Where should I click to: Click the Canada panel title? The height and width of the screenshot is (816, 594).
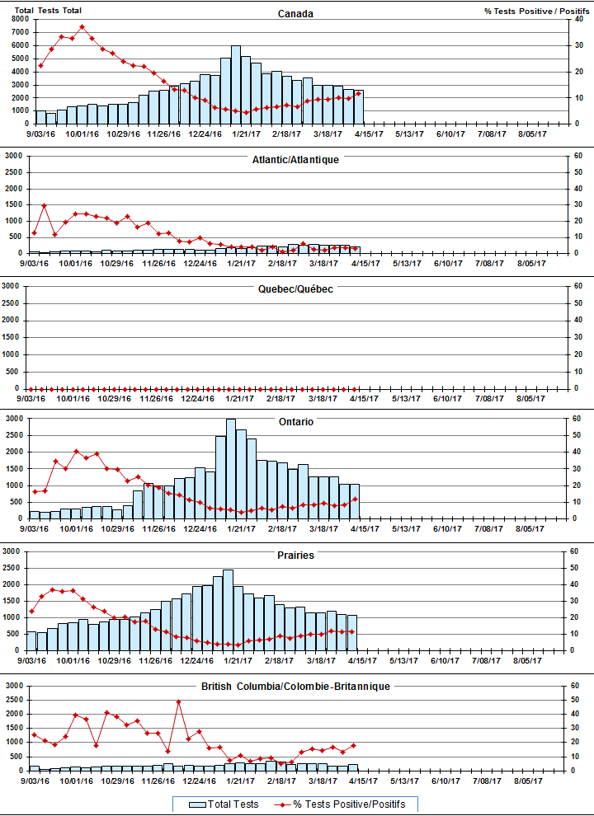click(295, 13)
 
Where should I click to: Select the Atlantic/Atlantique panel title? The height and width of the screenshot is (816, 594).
click(295, 159)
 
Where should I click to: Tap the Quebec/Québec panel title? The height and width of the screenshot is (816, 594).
click(295, 289)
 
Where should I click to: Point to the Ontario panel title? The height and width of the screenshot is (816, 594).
click(295, 421)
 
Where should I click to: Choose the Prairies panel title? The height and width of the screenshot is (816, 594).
click(295, 555)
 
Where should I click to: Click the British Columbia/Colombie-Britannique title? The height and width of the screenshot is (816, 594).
click(295, 686)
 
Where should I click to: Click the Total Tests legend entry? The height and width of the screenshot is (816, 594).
click(224, 804)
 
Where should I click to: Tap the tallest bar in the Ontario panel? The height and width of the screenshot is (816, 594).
click(230, 468)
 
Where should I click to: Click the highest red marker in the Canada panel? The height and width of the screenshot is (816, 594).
click(82, 26)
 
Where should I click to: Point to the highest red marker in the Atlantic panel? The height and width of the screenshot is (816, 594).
click(44, 205)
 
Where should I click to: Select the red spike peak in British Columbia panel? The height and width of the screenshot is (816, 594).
click(178, 701)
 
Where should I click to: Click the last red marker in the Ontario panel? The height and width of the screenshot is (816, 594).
click(355, 499)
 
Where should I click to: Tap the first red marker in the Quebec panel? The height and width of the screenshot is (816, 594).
click(31, 388)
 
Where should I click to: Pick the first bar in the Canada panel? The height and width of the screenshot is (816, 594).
click(41, 116)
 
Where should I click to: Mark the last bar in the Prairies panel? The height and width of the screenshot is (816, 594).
click(352, 633)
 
